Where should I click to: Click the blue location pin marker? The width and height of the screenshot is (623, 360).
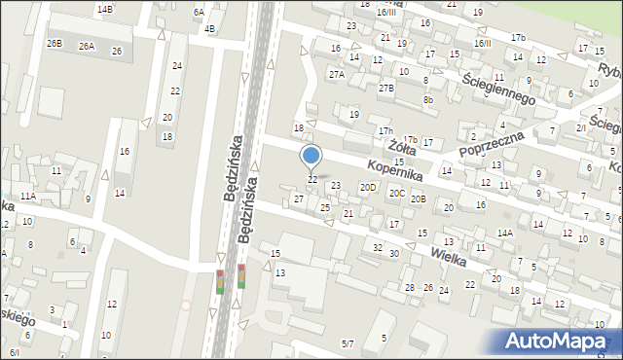click(311, 156)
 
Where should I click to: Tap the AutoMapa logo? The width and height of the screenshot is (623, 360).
click(561, 341)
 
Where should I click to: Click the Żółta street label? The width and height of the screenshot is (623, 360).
click(402, 149)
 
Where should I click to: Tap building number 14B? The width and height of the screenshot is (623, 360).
click(104, 9)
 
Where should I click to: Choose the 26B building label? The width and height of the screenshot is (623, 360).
click(55, 44)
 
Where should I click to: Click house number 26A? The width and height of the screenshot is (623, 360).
click(87, 47)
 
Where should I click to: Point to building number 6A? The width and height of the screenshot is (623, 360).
click(199, 12)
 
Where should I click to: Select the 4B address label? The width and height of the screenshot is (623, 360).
click(209, 28)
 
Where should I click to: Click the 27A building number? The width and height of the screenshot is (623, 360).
click(337, 74)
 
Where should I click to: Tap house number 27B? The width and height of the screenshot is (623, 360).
click(386, 89)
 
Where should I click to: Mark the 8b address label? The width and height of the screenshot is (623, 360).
click(427, 99)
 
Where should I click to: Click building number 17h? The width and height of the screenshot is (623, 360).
click(385, 130)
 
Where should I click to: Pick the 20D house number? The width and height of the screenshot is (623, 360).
click(368, 187)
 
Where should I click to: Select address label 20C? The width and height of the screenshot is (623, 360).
click(397, 193)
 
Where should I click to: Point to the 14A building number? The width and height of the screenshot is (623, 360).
click(504, 234)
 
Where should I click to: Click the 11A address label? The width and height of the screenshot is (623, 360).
click(27, 196)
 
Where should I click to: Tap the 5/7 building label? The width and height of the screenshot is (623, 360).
click(348, 343)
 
